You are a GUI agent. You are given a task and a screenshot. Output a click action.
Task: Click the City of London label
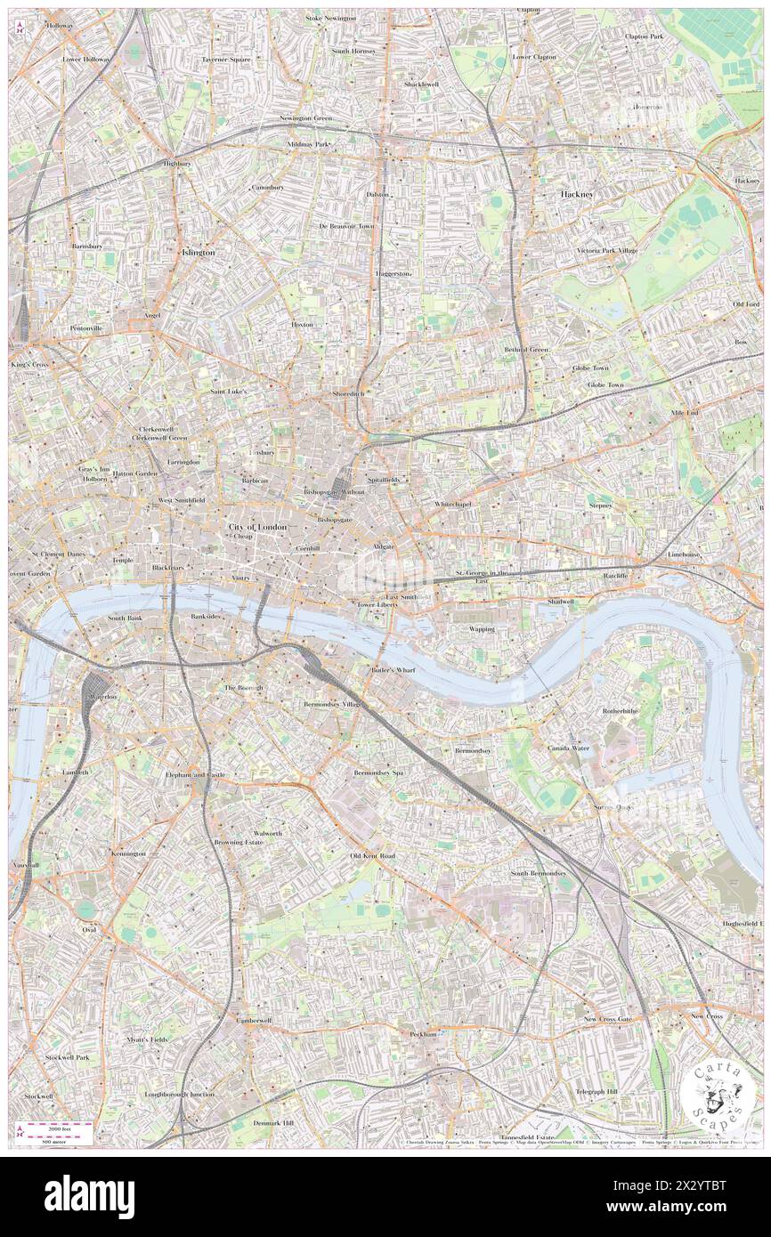258,528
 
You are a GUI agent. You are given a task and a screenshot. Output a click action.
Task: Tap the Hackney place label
576,193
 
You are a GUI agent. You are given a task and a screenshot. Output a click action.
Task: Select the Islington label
198,253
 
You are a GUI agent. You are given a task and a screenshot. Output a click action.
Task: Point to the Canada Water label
567,748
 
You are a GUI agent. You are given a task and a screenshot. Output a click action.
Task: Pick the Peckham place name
424,1034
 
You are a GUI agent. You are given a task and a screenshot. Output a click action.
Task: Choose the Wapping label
482,629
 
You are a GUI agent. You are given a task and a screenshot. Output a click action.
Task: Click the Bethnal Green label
526,350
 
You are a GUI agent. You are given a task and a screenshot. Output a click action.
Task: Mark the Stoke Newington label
330,18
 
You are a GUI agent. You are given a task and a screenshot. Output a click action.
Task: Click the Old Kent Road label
372,856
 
